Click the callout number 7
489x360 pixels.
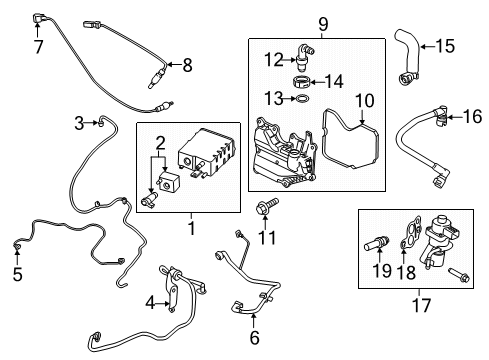pyautogui.click(x=38, y=48)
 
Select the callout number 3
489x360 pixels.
pyautogui.click(x=78, y=123)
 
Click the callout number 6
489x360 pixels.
pyautogui.click(x=254, y=339)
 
